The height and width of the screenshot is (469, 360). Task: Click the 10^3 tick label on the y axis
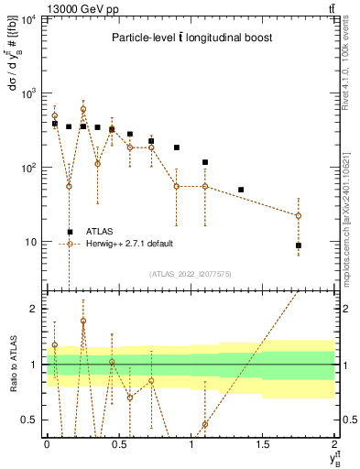tap(27, 93)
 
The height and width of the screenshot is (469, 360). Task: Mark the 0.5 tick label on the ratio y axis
tap(30, 420)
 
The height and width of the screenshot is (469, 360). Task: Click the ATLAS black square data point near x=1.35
tap(241, 190)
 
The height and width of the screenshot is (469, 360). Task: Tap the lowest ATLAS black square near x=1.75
tap(299, 245)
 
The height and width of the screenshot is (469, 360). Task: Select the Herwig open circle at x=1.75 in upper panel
tap(299, 216)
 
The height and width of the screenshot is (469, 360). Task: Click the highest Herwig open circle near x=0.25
tap(83, 109)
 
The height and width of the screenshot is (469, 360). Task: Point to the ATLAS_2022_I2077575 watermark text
tap(191, 273)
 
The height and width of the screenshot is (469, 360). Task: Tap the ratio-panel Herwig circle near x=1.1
tap(205, 424)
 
